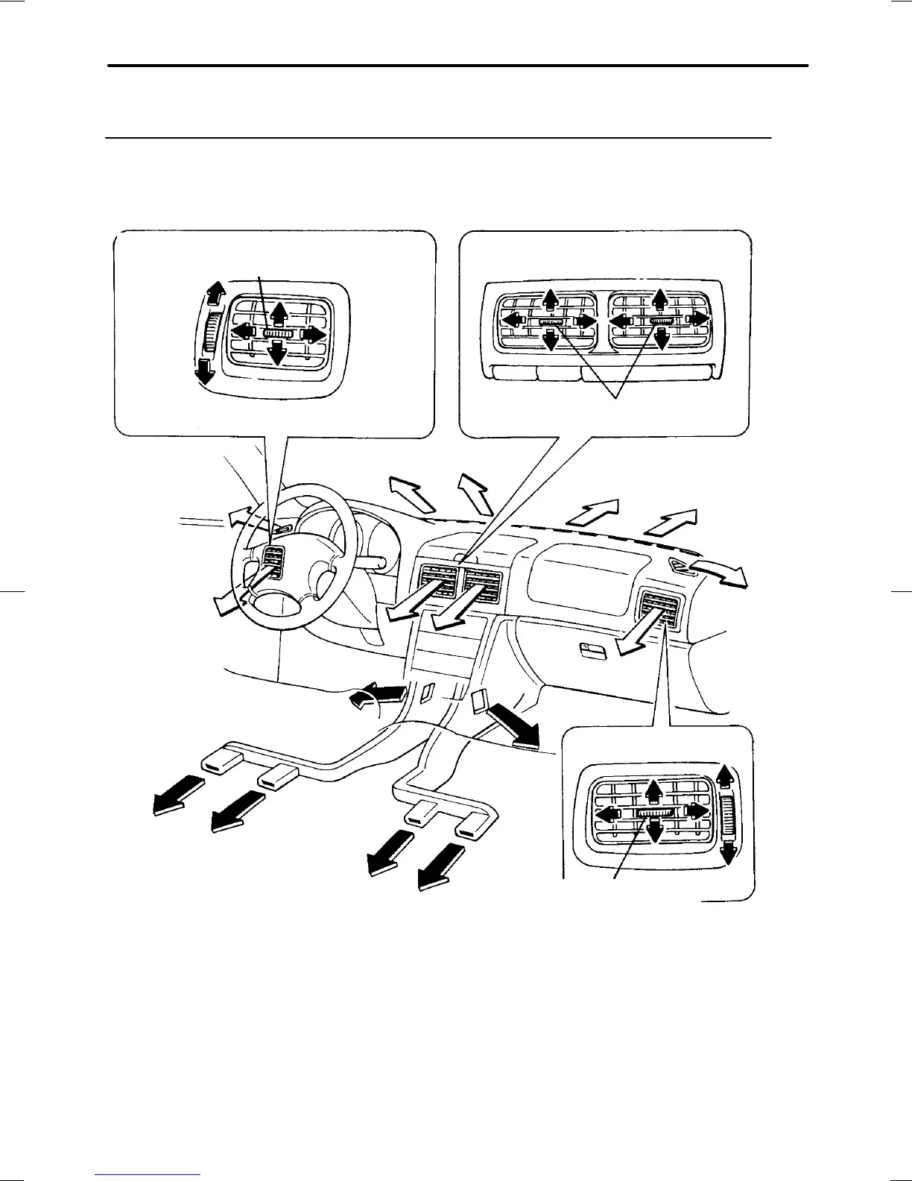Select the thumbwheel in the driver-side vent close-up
click(x=212, y=333)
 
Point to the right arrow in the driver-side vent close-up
click(x=313, y=335)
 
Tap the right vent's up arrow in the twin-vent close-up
click(x=659, y=299)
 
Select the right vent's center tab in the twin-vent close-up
click(x=659, y=321)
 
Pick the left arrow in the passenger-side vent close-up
click(x=612, y=813)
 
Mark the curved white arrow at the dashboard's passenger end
click(x=719, y=574)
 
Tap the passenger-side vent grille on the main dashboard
click(x=658, y=605)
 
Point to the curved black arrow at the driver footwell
click(x=376, y=697)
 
